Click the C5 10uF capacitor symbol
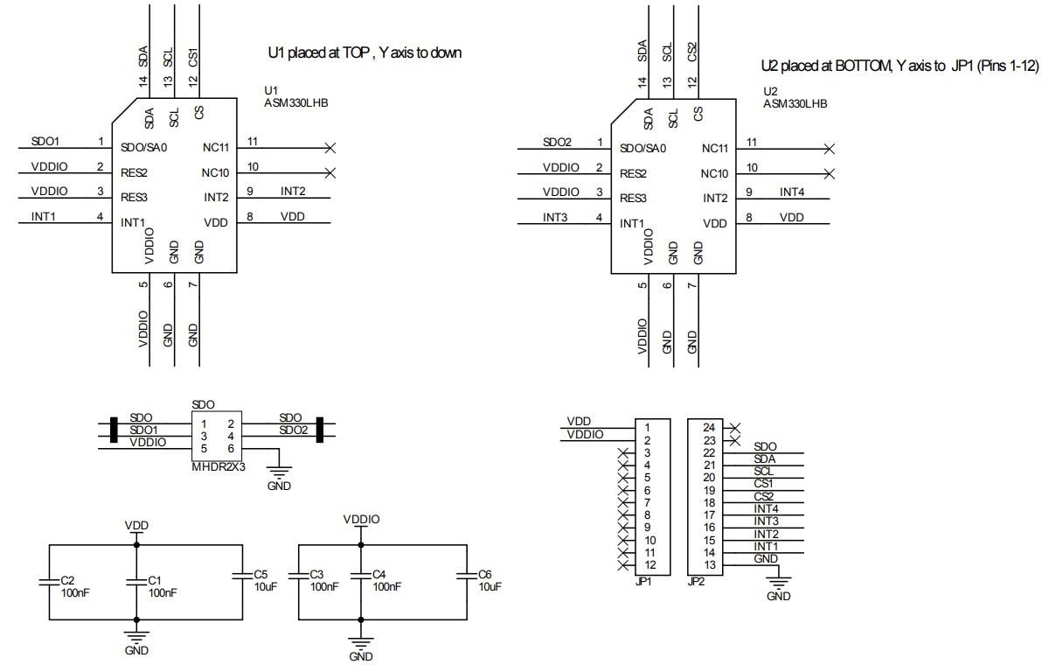[x=240, y=575]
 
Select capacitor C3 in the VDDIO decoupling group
[x=297, y=575]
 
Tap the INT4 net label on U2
[x=792, y=192]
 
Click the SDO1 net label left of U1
[x=45, y=141]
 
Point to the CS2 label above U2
[x=692, y=52]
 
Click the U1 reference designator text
[x=270, y=90]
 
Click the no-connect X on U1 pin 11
[x=330, y=148]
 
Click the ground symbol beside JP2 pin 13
[x=778, y=580]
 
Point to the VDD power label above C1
[x=136, y=525]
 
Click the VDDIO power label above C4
[x=361, y=519]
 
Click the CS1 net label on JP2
[x=763, y=483]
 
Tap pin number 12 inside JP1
[x=650, y=564]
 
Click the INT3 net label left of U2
[x=558, y=217]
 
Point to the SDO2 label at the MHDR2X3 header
[x=294, y=430]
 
